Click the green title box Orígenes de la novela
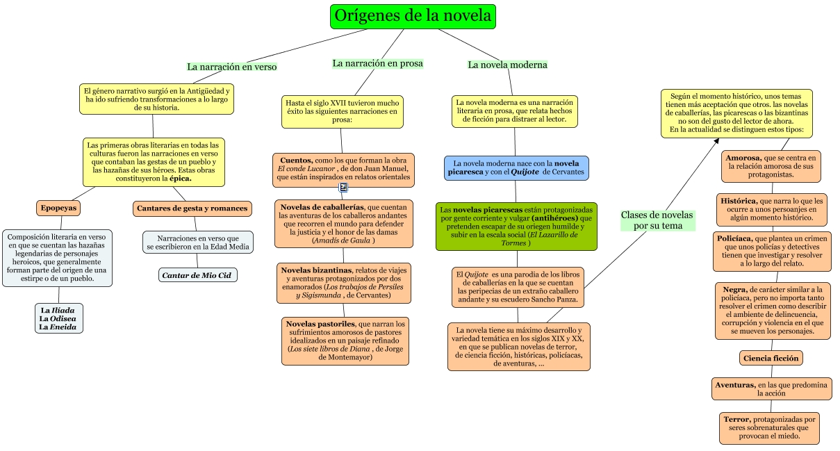click(x=413, y=16)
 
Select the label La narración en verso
click(x=231, y=67)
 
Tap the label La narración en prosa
click(x=377, y=63)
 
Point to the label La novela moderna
click(x=507, y=65)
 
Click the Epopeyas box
click(x=59, y=208)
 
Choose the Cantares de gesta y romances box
click(x=192, y=208)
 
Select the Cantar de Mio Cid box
click(x=198, y=275)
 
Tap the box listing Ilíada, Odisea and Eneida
click(x=59, y=318)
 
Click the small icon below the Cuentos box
click(x=343, y=187)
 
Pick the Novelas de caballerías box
click(x=343, y=224)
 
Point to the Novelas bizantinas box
click(x=343, y=283)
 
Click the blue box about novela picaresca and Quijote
click(x=516, y=167)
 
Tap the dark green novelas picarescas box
click(x=516, y=227)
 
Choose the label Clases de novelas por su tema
click(x=657, y=220)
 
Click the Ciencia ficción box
click(x=771, y=358)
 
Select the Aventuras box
click(x=771, y=388)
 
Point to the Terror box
click(x=769, y=428)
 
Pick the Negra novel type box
click(x=771, y=310)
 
